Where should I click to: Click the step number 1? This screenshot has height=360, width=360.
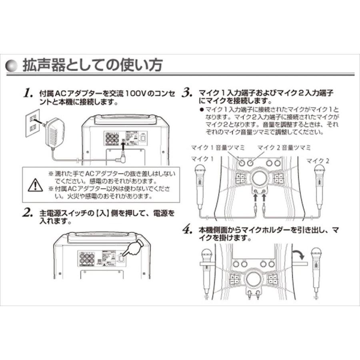point(27,94)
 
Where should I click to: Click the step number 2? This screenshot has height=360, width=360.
point(28,212)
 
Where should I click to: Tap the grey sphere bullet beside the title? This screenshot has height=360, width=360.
point(13,66)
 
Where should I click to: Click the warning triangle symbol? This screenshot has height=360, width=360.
point(35,185)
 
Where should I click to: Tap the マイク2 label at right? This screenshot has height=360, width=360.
point(318,160)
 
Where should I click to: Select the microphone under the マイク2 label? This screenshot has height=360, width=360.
point(319,185)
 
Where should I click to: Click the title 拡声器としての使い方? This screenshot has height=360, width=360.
point(93,65)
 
